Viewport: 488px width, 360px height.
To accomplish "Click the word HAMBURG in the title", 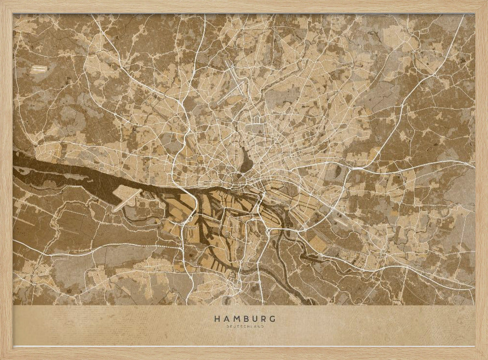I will tap(244, 318).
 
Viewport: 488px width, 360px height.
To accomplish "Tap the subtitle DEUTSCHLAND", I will tap(244, 326).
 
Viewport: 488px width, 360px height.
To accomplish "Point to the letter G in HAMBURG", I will tap(272, 318).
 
